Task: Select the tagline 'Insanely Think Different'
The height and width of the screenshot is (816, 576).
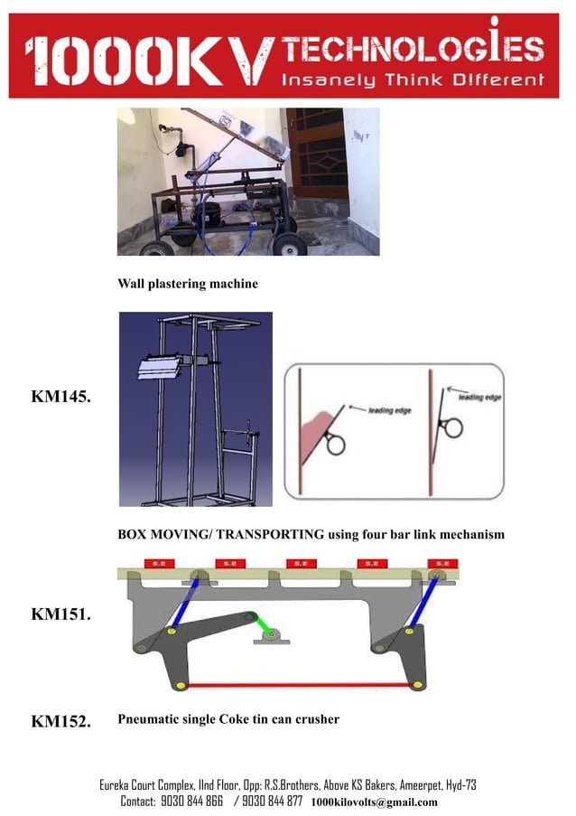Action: click(414, 80)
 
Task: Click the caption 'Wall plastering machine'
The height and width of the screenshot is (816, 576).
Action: click(188, 284)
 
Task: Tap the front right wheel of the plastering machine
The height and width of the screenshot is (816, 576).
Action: click(289, 243)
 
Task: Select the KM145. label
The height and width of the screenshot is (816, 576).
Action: click(60, 397)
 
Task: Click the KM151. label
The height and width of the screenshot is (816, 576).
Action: click(60, 614)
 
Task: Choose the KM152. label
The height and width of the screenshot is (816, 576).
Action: click(60, 721)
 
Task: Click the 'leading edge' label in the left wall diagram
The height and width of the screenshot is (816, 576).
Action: click(392, 409)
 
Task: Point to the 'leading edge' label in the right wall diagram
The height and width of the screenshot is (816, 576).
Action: click(481, 397)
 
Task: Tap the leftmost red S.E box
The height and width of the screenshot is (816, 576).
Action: click(155, 564)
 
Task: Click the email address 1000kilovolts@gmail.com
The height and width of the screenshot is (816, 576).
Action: click(374, 802)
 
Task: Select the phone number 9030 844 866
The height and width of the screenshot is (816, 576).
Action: click(190, 802)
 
